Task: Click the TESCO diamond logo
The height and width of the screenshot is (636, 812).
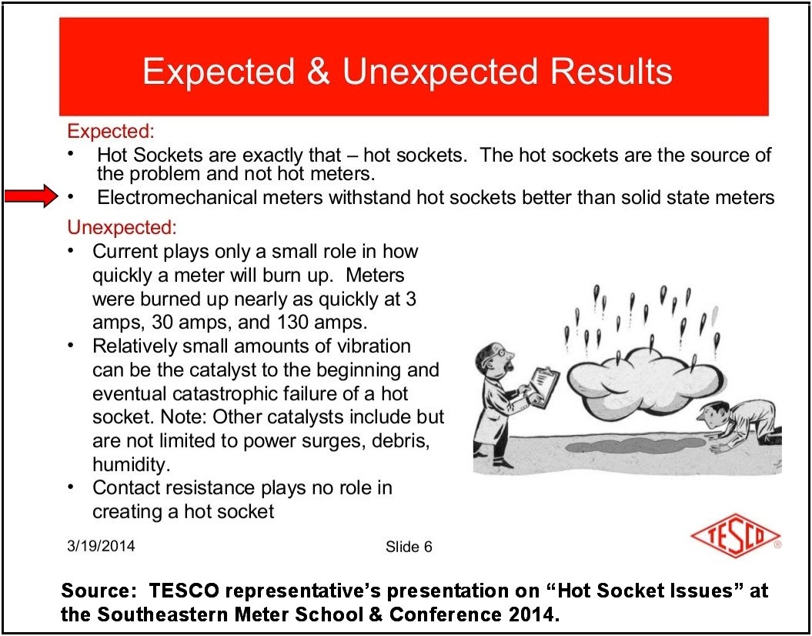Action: click(735, 536)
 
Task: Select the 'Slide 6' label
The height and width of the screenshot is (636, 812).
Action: click(409, 547)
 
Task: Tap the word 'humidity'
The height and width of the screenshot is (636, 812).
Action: click(129, 465)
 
